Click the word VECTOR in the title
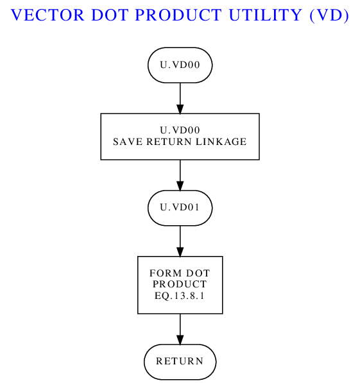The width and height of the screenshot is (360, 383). (x=48, y=15)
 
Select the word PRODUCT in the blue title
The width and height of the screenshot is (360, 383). (x=178, y=15)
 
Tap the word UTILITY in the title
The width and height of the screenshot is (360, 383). (x=266, y=15)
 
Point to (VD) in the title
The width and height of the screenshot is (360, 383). (x=329, y=15)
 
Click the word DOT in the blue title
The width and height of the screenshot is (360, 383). (x=110, y=15)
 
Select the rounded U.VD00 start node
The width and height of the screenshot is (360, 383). (x=180, y=65)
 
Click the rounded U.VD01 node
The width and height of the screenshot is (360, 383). (x=180, y=208)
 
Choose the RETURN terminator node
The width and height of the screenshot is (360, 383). (x=180, y=361)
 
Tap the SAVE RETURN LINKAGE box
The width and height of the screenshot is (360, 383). (x=180, y=137)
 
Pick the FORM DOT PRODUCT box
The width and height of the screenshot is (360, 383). (x=180, y=285)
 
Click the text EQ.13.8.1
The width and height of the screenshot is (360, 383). (x=180, y=296)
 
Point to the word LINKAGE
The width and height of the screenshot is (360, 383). (x=221, y=142)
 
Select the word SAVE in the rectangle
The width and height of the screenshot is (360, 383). (x=128, y=142)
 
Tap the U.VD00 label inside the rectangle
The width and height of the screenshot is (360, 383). (x=180, y=130)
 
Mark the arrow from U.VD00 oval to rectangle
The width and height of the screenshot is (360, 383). (x=180, y=98)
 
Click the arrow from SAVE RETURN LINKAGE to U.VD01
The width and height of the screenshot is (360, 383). (x=180, y=175)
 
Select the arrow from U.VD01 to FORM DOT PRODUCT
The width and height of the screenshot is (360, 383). (x=180, y=241)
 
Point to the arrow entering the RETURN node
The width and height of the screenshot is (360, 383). (x=180, y=329)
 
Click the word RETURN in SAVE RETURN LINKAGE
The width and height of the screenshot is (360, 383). (x=169, y=142)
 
